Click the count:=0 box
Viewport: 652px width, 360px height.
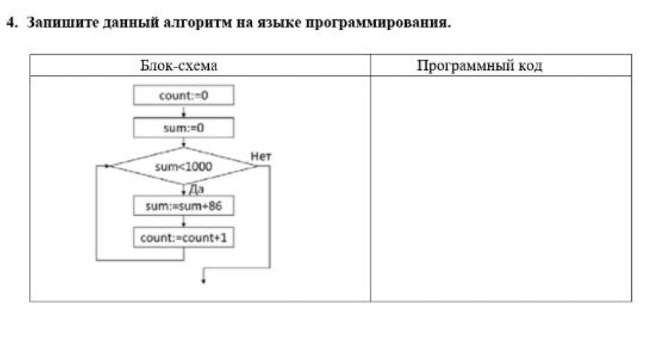[184, 95]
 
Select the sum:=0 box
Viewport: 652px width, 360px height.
[184, 128]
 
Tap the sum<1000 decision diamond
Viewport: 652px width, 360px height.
[184, 166]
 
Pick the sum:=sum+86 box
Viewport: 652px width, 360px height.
[184, 205]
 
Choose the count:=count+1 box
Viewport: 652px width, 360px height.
[184, 237]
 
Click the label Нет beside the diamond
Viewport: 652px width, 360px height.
[261, 156]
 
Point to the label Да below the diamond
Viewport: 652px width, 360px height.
[196, 190]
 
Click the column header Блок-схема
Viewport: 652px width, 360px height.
[179, 66]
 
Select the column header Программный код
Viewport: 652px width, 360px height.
[479, 66]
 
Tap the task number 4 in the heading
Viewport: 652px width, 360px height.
[10, 22]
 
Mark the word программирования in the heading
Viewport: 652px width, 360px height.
[379, 22]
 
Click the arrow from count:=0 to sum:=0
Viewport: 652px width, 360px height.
[184, 112]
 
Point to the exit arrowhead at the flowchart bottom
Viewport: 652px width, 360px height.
[203, 281]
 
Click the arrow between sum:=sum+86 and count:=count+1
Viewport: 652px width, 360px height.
[184, 222]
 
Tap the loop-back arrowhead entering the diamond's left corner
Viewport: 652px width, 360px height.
[107, 166]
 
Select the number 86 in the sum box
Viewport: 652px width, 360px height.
[215, 205]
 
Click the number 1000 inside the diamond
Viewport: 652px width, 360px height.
[198, 167]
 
